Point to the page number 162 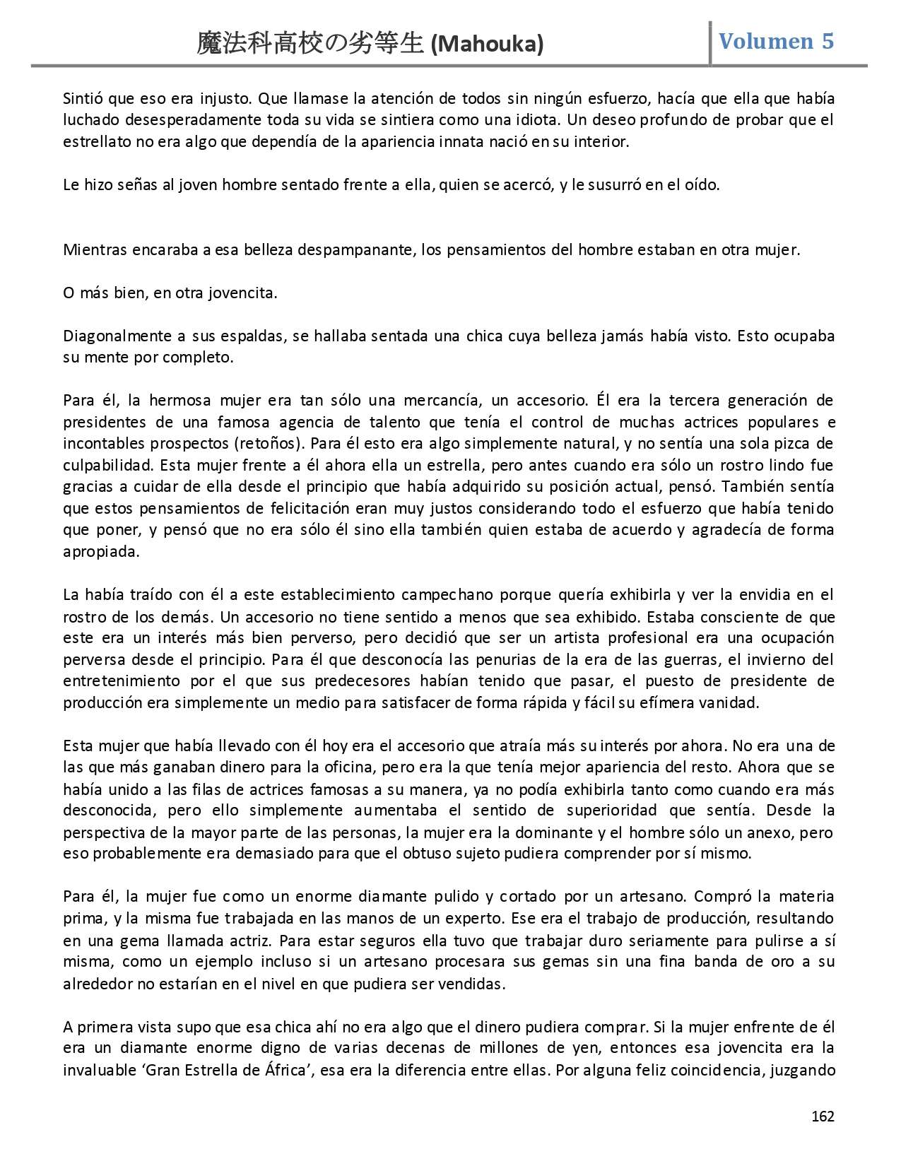coord(823,1117)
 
